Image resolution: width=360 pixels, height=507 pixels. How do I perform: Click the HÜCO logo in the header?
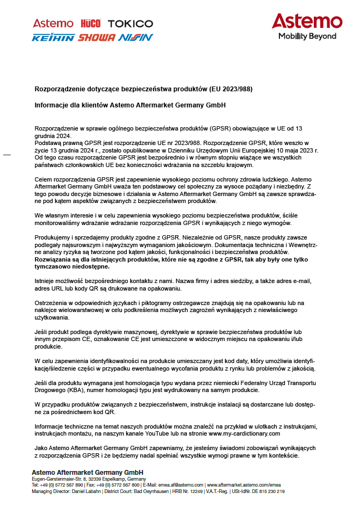click(90, 24)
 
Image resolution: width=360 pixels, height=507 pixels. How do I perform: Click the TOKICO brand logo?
click(131, 24)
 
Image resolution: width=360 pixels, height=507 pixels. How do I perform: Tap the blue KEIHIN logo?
click(53, 38)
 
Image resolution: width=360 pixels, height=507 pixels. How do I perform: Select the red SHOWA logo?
click(97, 38)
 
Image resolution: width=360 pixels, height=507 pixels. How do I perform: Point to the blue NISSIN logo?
click(135, 38)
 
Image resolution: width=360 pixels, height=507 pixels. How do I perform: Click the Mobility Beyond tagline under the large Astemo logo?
click(307, 37)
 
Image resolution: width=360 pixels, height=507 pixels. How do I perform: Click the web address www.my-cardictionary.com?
click(243, 433)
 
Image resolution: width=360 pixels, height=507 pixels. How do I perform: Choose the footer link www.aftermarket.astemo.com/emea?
click(245, 485)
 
